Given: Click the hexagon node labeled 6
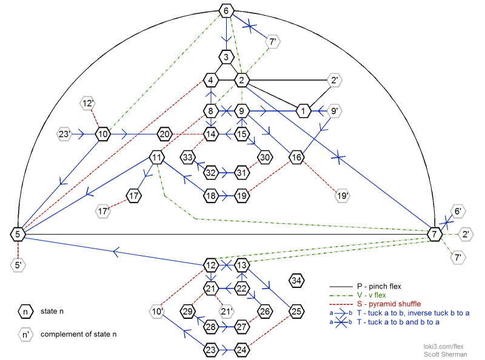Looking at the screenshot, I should (x=226, y=11).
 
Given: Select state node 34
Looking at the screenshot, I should (x=296, y=281).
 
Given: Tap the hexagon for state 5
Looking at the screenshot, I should (x=18, y=234).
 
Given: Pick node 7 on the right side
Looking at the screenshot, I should (x=434, y=234).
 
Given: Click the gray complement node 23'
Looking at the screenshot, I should (x=64, y=134).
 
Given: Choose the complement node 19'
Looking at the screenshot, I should (x=341, y=196).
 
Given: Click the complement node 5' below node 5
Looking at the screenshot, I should (x=18, y=264).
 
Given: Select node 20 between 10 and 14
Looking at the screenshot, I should (x=165, y=134).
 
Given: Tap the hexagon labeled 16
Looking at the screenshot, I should (x=296, y=158).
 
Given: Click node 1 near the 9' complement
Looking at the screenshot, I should (x=303, y=111).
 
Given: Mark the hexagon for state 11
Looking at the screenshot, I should (x=156, y=158).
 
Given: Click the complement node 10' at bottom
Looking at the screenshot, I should (x=157, y=312).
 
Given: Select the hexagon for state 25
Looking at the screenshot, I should (x=296, y=312).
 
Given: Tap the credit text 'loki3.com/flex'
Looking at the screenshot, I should (x=445, y=345).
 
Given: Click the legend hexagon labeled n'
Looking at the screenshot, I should (x=25, y=335).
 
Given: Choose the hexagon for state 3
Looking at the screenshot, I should (x=226, y=58).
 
